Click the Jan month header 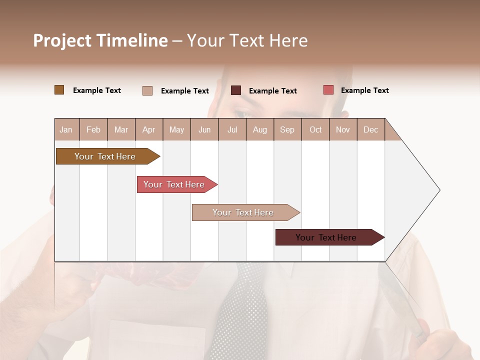(x=66, y=129)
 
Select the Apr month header (x=148, y=129)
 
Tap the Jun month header (x=204, y=129)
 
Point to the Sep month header (x=287, y=129)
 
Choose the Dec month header (x=370, y=129)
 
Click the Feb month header (x=93, y=129)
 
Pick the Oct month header (x=315, y=129)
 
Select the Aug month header (x=259, y=129)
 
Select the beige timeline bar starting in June (x=243, y=212)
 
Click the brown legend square (x=59, y=90)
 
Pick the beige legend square (x=147, y=90)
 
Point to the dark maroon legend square (x=235, y=90)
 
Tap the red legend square (x=328, y=90)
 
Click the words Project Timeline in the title (x=100, y=40)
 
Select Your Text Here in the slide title (x=247, y=40)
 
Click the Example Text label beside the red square (x=364, y=90)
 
